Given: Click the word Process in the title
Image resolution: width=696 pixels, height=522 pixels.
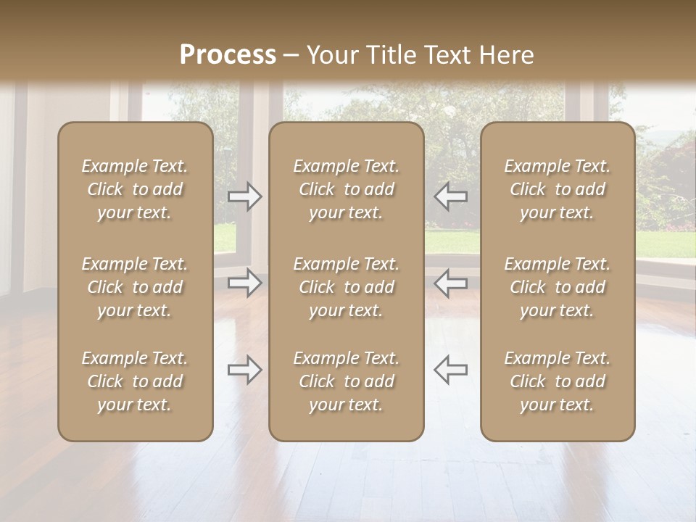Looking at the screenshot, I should coord(228,55).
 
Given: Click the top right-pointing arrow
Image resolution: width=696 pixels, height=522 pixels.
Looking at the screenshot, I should coord(245,196).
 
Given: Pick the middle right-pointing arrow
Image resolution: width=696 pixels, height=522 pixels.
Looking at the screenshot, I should coord(245,283).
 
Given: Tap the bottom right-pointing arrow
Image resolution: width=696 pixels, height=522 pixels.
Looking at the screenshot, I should coord(245,370).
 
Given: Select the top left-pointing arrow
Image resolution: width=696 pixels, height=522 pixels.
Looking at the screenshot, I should coord(450,196).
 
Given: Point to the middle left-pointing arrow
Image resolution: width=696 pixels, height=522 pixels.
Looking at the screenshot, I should coord(450,283).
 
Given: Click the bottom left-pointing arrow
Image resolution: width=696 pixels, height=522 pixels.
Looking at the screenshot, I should coord(450,370).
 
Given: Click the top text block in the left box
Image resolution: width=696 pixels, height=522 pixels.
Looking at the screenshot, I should coord(135,189).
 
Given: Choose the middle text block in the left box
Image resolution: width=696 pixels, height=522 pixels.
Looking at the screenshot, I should coord(135,287).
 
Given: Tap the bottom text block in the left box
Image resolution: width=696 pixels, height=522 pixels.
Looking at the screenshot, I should coord(135,381).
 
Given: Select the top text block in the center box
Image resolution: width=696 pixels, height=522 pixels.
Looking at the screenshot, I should coord(346,189).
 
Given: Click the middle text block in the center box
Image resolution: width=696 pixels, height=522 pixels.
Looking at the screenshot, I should coord(346,287).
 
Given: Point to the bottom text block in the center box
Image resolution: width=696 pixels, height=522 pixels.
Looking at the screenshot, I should coord(346,381).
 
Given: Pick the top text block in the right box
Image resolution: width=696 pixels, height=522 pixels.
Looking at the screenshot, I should coord(558,189).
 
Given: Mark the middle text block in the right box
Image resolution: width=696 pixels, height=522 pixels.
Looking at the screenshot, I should coord(558,287).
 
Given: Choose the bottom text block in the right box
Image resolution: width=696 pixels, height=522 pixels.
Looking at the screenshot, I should coord(558,381).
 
